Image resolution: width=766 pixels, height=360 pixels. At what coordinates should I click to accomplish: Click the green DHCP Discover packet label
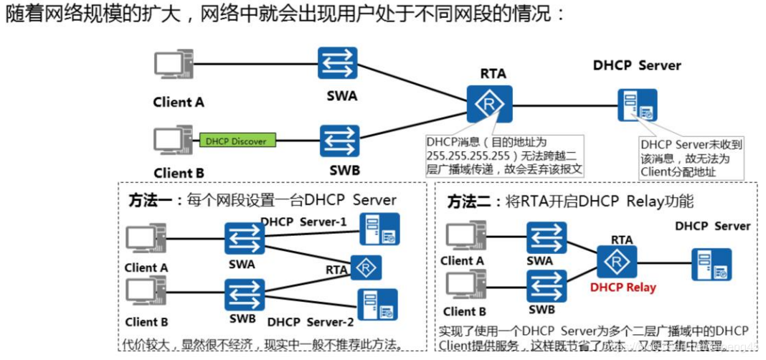click(235, 141)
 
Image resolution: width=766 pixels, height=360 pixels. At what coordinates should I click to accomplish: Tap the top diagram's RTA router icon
click(490, 105)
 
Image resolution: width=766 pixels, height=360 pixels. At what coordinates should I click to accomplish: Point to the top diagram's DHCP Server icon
click(637, 105)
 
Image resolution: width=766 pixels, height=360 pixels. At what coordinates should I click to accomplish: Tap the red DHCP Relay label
click(623, 288)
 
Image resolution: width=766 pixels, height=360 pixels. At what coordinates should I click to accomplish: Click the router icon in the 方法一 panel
click(366, 267)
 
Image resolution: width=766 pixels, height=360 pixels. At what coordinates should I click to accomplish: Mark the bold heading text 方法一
click(150, 200)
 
